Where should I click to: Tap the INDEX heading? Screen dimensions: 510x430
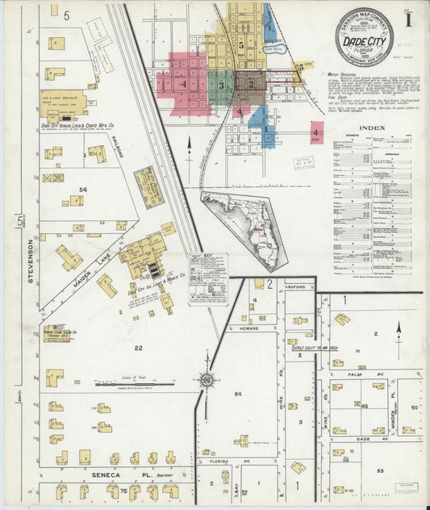(x=373, y=127)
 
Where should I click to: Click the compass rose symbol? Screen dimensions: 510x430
(x=207, y=378)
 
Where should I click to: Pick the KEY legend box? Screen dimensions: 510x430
(x=208, y=278)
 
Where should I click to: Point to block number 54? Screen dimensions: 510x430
(x=82, y=189)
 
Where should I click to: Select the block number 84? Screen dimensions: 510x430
(x=237, y=393)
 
